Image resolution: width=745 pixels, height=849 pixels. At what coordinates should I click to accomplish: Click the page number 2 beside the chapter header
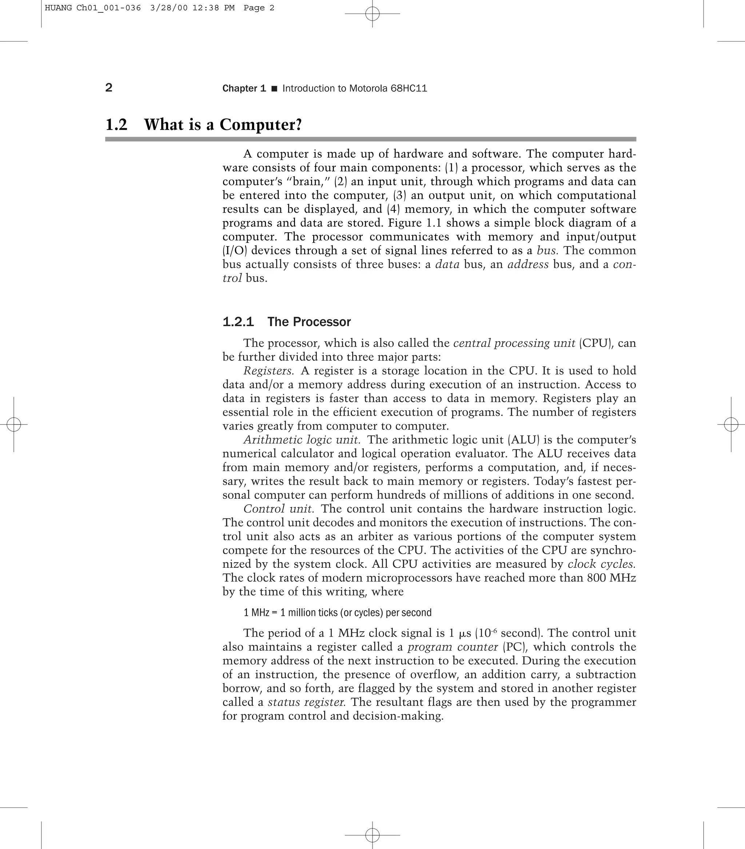[109, 88]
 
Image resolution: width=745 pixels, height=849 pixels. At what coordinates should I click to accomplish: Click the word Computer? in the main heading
[261, 125]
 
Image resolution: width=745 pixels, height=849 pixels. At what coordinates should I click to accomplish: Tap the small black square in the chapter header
[274, 88]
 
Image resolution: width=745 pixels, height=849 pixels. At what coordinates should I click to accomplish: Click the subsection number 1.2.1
[238, 322]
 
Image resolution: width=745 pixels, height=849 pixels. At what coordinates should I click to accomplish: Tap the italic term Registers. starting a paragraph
[268, 371]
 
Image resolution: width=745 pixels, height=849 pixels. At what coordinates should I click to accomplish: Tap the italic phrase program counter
[453, 647]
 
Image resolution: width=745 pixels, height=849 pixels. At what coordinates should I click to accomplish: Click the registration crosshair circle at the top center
[372, 14]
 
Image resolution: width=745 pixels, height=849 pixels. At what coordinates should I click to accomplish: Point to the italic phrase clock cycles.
[601, 564]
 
